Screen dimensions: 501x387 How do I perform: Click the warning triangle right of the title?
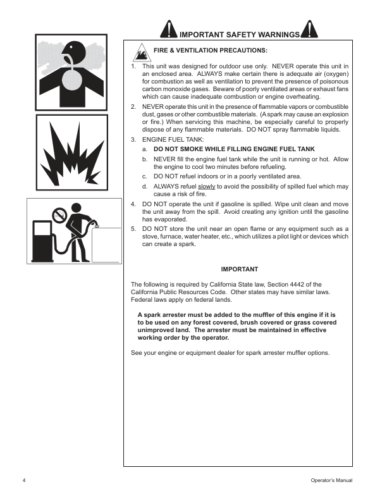[309, 30]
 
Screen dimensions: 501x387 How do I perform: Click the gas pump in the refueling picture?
[44, 240]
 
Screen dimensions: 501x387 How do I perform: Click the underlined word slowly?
[207, 187]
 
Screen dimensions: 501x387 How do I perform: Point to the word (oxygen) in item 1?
[333, 73]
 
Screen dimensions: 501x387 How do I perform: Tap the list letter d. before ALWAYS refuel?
[145, 187]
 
